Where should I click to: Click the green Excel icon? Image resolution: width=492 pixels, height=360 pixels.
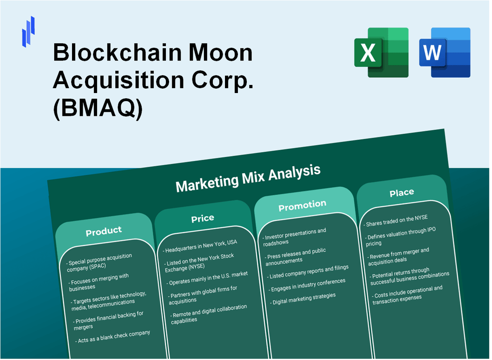click(x=381, y=52)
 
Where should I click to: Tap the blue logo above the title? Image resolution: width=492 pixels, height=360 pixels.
click(x=28, y=31)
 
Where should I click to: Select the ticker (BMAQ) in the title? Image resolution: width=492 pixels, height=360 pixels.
click(x=98, y=109)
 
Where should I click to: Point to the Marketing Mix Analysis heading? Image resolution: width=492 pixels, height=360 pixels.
click(x=248, y=178)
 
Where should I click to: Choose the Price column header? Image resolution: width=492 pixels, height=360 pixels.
click(x=203, y=218)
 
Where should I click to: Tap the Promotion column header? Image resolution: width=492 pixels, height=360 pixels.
click(x=302, y=205)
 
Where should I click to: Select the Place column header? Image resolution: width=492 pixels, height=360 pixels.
click(x=401, y=193)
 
